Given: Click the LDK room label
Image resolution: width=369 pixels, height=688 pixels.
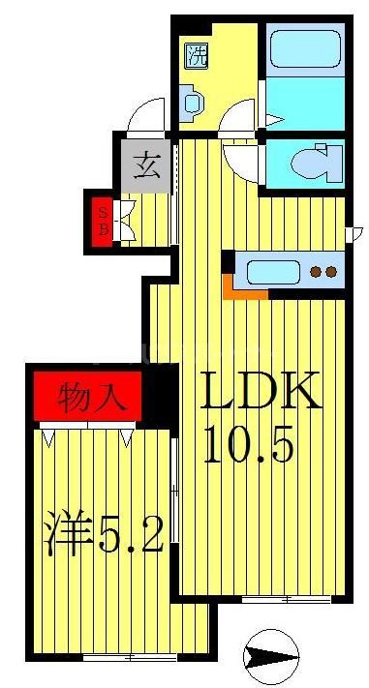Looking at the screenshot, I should pyautogui.click(x=259, y=394).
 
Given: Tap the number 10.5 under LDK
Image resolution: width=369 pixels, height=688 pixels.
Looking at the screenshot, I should pyautogui.click(x=247, y=446).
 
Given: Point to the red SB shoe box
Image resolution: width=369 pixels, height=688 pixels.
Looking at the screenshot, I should pyautogui.click(x=101, y=220).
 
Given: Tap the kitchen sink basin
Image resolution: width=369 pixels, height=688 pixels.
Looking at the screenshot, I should pyautogui.click(x=275, y=271).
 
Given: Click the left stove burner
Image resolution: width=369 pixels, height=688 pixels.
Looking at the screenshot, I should pyautogui.click(x=316, y=272).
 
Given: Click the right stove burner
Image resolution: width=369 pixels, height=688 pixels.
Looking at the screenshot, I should pyautogui.click(x=332, y=272).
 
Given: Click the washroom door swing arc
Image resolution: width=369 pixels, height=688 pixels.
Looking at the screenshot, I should pyautogui.click(x=237, y=121).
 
